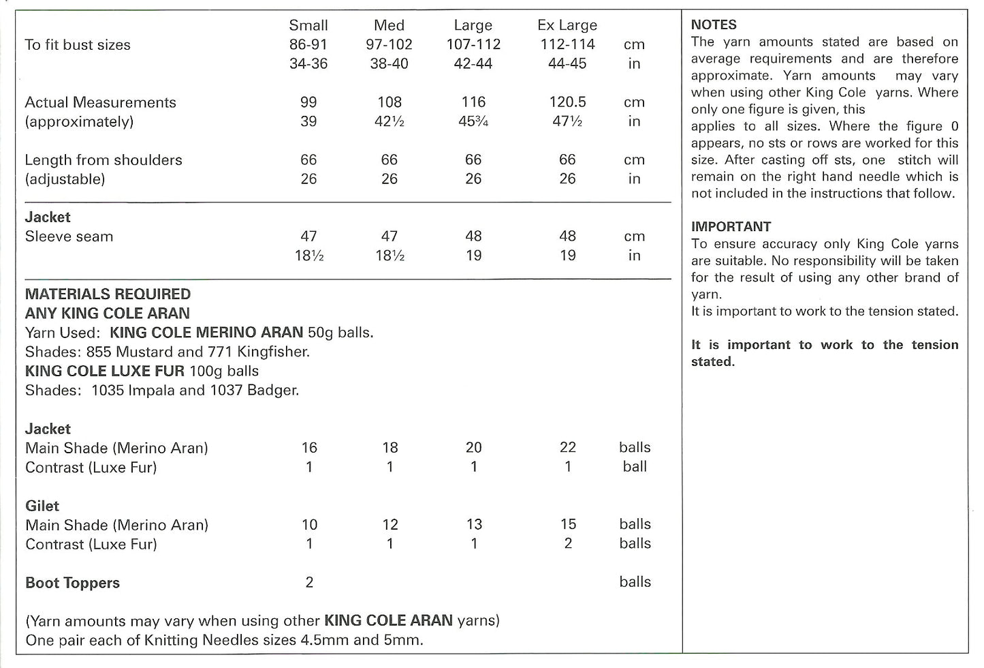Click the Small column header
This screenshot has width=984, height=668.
click(308, 25)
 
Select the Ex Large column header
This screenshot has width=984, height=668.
click(567, 25)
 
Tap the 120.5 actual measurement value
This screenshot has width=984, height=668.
click(567, 102)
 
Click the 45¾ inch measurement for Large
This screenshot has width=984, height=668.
click(473, 121)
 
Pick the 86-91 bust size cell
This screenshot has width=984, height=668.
click(308, 44)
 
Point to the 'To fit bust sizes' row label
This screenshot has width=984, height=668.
click(78, 45)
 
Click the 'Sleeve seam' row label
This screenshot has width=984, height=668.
click(69, 237)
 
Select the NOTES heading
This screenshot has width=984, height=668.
click(714, 25)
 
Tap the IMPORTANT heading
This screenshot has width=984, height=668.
click(731, 227)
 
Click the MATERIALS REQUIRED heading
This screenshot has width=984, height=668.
click(108, 294)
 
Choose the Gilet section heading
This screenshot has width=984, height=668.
click(42, 506)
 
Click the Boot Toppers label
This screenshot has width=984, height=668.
click(72, 583)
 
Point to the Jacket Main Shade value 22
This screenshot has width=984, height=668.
click(567, 448)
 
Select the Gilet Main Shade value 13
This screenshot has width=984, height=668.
click(474, 525)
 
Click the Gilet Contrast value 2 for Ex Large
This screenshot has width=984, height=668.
click(568, 544)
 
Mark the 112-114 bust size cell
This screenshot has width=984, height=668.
click(567, 44)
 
